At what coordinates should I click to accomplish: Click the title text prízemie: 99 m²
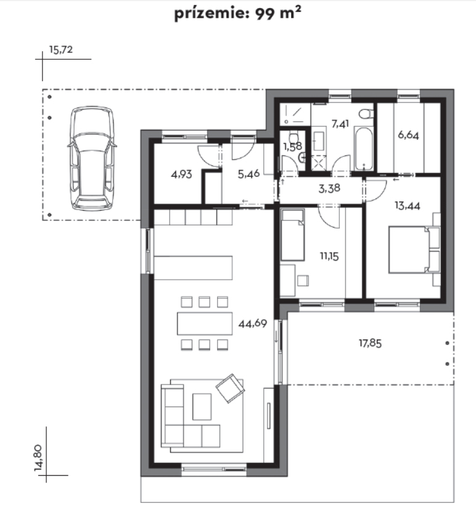coord(237,14)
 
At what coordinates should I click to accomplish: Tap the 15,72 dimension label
coord(60,50)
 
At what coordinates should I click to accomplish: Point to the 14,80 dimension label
coord(38,457)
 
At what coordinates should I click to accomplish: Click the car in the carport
coord(92,158)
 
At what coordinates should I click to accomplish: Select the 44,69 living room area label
coord(252,324)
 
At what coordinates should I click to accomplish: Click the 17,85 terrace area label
coord(370,343)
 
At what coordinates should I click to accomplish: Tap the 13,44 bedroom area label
coord(408,206)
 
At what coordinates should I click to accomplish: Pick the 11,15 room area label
coord(329,256)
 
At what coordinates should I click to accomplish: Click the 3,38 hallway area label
coord(329,189)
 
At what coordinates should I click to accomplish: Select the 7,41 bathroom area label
coord(340,124)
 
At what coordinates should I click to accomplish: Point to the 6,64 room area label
coord(408,135)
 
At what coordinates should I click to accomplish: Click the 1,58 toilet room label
coord(292,146)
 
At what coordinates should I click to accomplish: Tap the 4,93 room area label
coord(181,174)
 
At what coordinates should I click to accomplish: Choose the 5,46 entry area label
coord(248,174)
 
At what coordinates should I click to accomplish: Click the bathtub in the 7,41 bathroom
coord(364,149)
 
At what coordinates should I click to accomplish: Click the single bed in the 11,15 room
coord(292,235)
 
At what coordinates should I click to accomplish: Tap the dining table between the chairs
coord(205,324)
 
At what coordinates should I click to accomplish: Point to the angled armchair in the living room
coord(230,388)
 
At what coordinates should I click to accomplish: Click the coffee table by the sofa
coord(202,407)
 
